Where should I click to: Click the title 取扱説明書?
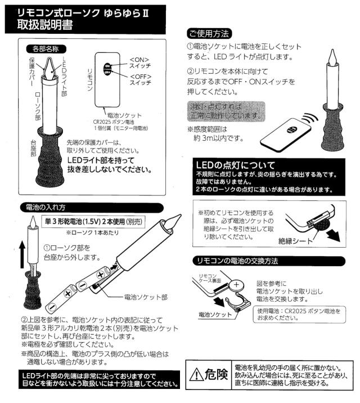45,25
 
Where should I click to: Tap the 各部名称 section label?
46,49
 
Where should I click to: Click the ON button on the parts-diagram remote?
107,66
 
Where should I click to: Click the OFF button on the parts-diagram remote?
107,72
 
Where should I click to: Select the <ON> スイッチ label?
140,63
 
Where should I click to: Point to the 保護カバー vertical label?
32,71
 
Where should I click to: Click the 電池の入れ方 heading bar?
92,208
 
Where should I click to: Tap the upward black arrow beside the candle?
22,254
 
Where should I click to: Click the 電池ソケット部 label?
146,297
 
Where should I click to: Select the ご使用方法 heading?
209,34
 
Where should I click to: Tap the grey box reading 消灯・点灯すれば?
226,111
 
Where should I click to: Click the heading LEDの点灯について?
236,165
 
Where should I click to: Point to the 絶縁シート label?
296,241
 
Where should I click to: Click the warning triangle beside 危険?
196,374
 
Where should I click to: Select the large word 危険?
217,374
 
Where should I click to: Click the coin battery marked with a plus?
236,285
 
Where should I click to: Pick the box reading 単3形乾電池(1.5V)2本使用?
93,222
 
